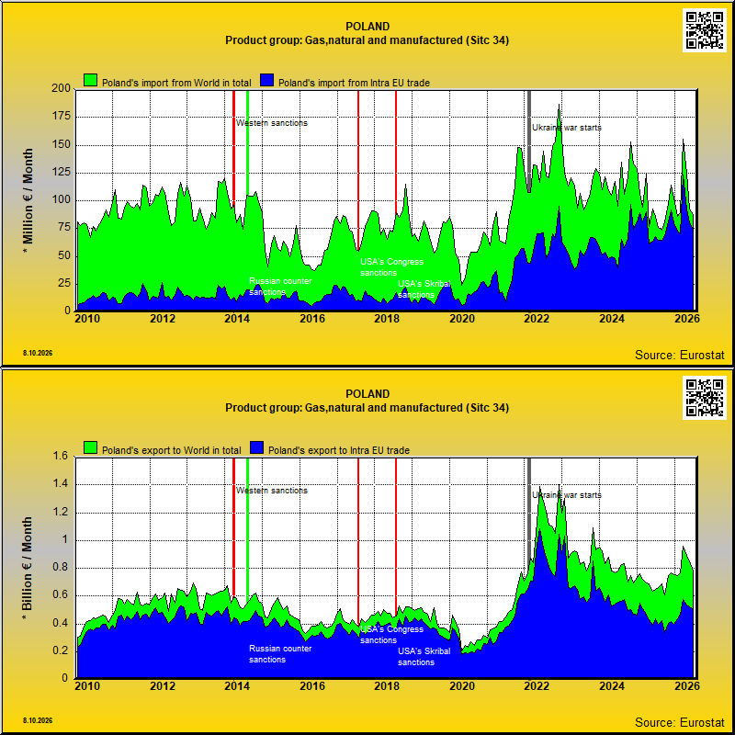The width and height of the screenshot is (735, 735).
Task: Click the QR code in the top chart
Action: (705, 30)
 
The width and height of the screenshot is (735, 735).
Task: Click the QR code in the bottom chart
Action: (705, 398)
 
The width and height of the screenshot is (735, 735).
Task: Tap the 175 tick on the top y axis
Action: (60, 117)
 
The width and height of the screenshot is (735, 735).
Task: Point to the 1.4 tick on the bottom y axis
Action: (62, 484)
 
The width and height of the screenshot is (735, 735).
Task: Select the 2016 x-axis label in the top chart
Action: (312, 318)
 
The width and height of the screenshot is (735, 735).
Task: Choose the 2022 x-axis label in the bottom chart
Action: (537, 685)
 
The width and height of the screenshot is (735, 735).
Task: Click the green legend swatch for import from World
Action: (90, 80)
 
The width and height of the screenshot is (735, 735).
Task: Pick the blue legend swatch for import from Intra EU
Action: (266, 80)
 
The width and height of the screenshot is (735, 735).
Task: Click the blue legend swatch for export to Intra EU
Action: (256, 447)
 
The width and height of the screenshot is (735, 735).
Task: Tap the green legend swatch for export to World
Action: (90, 447)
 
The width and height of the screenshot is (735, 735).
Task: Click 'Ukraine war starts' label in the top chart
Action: (566, 128)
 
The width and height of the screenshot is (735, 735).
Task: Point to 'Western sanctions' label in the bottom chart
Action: (271, 491)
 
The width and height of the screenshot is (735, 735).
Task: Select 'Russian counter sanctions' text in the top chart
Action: (280, 287)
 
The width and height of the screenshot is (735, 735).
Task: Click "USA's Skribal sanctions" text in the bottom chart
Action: (424, 657)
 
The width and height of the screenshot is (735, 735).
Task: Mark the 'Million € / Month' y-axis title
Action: (28, 201)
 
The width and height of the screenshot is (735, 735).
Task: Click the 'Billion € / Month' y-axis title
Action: (28, 570)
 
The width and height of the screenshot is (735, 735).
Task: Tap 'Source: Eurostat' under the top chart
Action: (679, 355)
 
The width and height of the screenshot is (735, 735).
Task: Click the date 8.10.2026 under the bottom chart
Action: (38, 720)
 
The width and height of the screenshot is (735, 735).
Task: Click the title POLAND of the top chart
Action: (367, 27)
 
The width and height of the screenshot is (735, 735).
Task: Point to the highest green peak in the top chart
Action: (559, 105)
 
